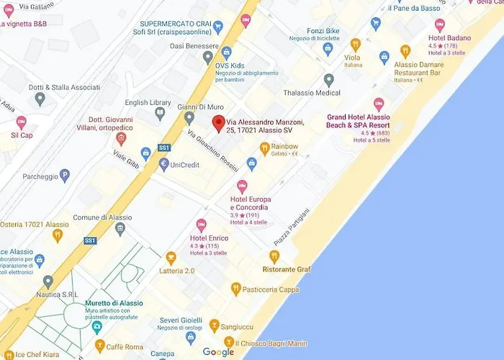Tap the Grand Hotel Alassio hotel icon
[379, 104]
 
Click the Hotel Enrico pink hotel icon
[202, 225]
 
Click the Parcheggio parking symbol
[65, 174]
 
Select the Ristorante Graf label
[287, 269]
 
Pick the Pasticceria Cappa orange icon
[235, 289]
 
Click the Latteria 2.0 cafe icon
[171, 257]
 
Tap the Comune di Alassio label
[102, 217]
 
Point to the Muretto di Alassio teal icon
[97, 325]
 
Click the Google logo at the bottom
[218, 352]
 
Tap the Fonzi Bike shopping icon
[328, 49]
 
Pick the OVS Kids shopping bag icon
[226, 52]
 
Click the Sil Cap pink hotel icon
[21, 122]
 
